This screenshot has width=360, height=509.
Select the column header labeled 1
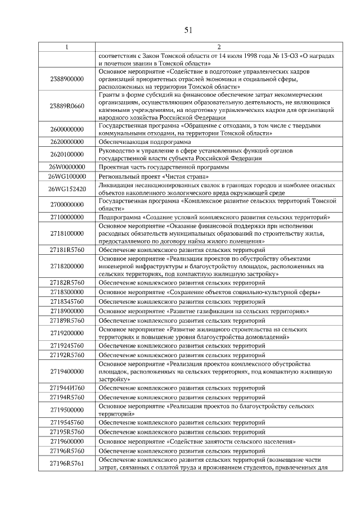[67, 47]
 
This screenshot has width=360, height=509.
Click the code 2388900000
[67, 79]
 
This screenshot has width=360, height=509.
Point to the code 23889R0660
[67, 106]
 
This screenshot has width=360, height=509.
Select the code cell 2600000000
[67, 129]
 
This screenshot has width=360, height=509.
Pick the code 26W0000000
[67, 167]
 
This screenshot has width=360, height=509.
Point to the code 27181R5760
[67, 249]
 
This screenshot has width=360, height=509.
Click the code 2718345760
[67, 301]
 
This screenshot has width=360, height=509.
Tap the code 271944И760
[67, 388]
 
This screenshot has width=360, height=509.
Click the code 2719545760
[67, 422]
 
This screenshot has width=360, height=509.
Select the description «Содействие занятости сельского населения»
[197, 442]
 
